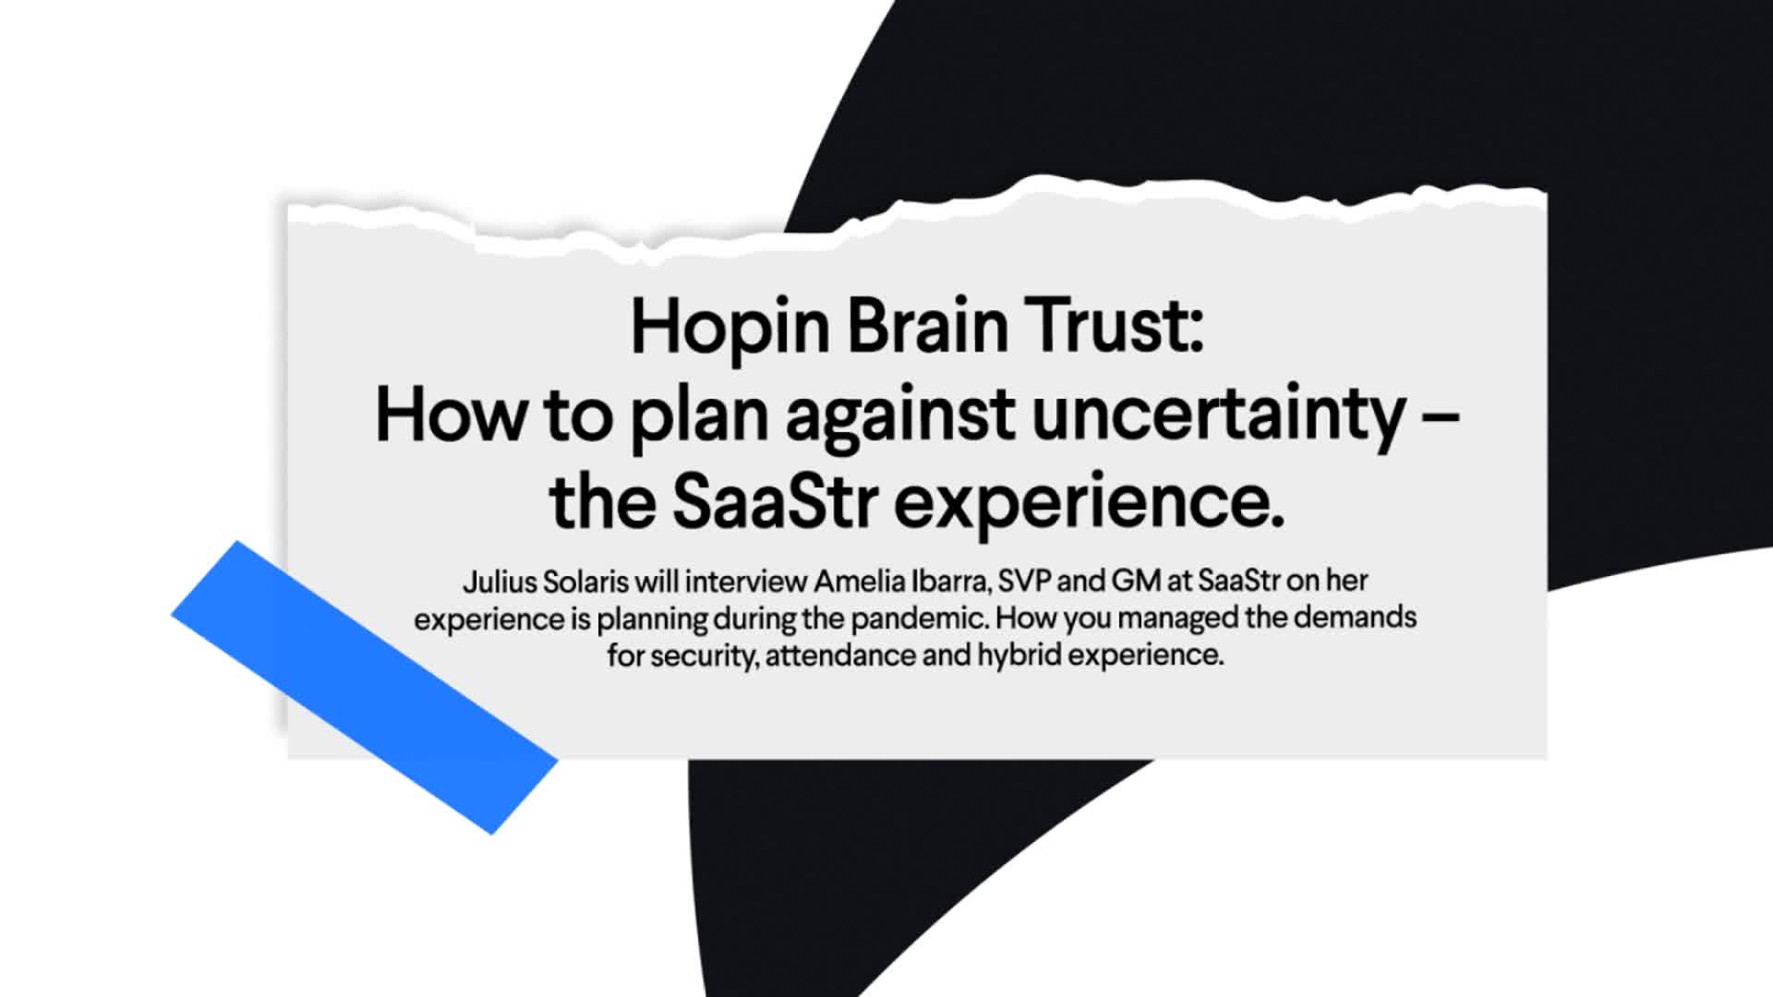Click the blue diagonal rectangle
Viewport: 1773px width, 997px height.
point(365,688)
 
